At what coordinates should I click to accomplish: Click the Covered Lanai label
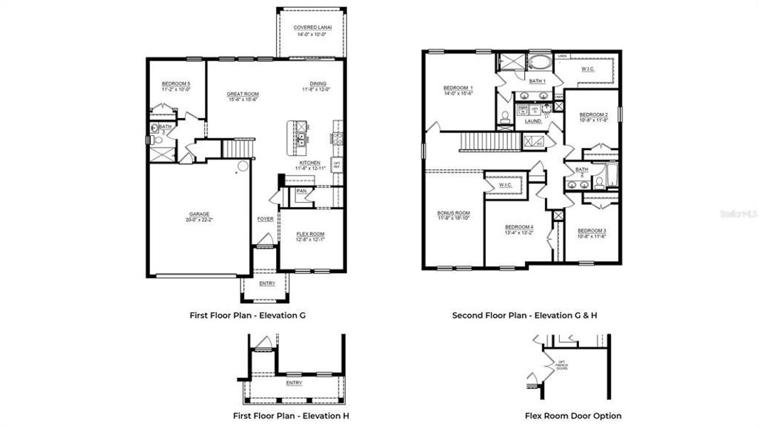[310, 28]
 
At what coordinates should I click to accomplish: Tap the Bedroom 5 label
[176, 84]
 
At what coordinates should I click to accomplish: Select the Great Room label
[243, 94]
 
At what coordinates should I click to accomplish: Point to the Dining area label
[317, 84]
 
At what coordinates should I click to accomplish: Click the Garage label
[199, 213]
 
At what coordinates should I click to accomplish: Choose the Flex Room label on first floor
[310, 234]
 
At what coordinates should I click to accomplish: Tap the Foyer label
[265, 218]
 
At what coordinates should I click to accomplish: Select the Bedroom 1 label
[458, 88]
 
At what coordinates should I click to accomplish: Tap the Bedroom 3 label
[592, 231]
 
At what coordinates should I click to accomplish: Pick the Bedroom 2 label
[593, 115]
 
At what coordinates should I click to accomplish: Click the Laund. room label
[534, 122]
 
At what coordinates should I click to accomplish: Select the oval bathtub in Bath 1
[538, 63]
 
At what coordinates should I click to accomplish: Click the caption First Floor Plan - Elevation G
[248, 315]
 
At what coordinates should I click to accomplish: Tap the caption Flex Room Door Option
[573, 416]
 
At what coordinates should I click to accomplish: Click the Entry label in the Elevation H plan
[293, 382]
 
